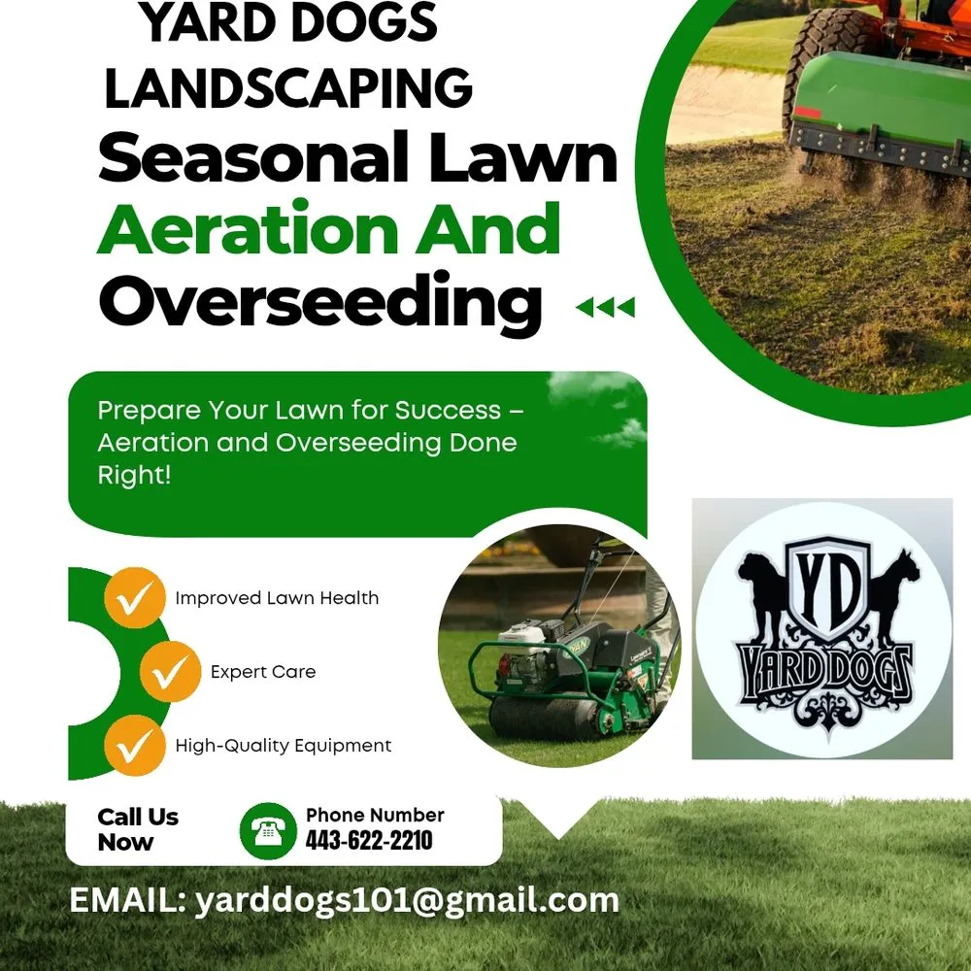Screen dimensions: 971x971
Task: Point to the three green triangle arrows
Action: click(605, 308)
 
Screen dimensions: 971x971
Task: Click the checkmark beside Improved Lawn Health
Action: click(132, 598)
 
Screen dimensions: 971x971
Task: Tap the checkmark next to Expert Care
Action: click(169, 671)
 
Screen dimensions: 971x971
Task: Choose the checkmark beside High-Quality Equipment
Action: click(132, 746)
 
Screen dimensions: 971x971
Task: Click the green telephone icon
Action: click(267, 830)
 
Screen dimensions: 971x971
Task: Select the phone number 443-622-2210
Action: click(369, 841)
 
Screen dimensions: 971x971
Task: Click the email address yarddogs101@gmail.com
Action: click(407, 900)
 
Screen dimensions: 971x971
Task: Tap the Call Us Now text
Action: click(138, 829)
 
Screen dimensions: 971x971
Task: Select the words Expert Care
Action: click(263, 671)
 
